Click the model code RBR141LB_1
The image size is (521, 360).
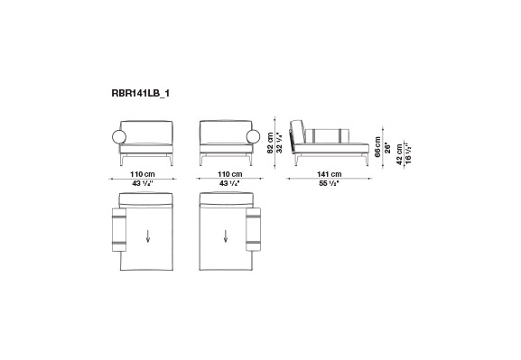[140, 93]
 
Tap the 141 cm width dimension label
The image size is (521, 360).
[329, 174]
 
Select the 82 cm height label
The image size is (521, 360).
[271, 143]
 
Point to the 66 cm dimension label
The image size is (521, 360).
[377, 147]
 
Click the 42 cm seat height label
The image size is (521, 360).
[399, 153]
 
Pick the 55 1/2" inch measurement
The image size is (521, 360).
[329, 183]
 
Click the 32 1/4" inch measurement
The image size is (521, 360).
[279, 143]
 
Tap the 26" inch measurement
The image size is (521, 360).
[386, 148]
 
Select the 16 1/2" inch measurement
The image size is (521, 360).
[408, 153]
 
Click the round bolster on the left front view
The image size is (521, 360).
[119, 137]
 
